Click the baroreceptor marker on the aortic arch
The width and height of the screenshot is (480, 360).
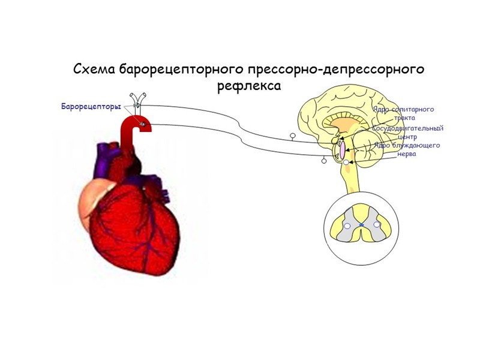143,125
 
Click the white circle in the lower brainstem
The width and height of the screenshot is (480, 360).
346,163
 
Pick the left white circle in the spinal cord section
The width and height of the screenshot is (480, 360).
347,226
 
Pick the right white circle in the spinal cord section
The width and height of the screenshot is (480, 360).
377,225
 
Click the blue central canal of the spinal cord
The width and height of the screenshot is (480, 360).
362,225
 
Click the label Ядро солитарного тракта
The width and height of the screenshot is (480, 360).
404,113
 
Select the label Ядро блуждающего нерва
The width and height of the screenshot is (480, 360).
407,149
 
